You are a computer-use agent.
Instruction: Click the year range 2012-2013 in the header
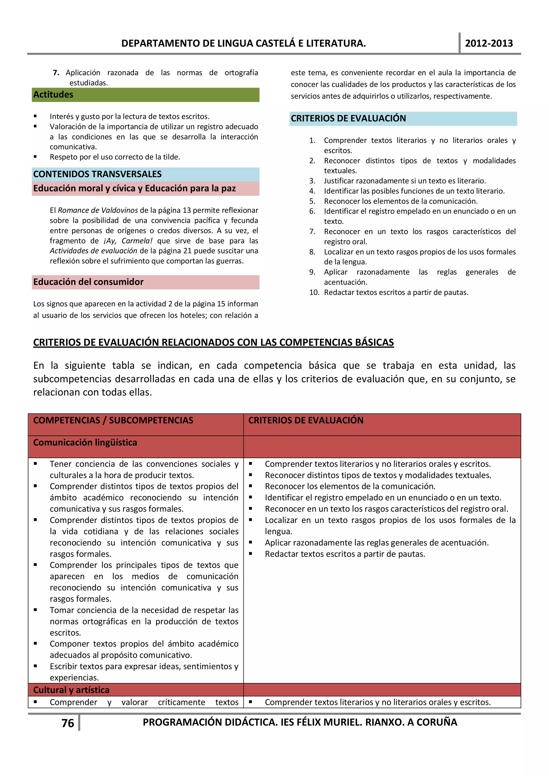tap(488, 43)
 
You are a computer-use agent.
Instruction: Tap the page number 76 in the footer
tap(68, 723)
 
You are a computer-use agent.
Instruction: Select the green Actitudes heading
tap(53, 95)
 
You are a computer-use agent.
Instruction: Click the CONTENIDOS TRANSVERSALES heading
tap(97, 174)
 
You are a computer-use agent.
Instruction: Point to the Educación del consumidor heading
tap(88, 282)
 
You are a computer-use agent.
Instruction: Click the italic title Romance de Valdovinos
tap(98, 210)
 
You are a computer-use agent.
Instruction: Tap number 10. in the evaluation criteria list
tap(314, 292)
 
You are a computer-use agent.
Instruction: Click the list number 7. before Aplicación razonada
tap(56, 73)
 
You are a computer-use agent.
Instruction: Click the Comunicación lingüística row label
tap(85, 443)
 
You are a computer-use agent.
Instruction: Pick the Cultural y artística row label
tap(71, 690)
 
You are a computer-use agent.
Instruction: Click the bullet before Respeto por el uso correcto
tap(35, 157)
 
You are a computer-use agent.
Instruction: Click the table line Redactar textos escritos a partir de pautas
tap(345, 554)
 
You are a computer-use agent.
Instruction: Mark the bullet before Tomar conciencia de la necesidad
tap(35, 610)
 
